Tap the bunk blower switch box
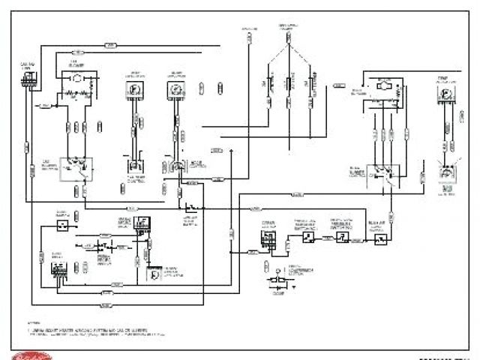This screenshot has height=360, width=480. [x=383, y=175]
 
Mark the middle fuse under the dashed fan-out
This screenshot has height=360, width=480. [x=289, y=87]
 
